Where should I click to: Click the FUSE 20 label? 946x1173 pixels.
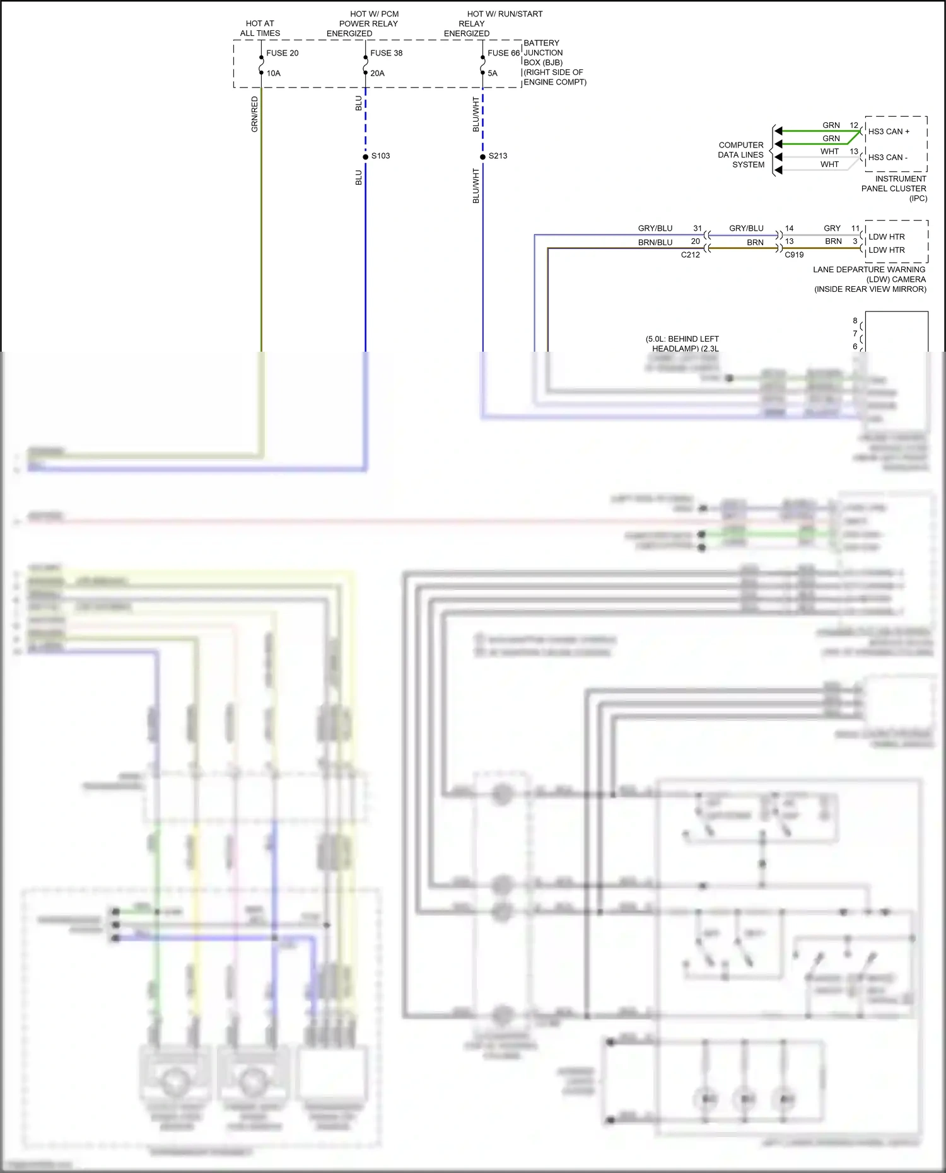(282, 53)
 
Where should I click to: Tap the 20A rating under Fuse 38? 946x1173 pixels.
(377, 73)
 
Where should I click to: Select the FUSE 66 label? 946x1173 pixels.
(503, 53)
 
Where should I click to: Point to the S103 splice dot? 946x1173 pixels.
(365, 156)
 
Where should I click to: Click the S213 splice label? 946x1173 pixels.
(498, 156)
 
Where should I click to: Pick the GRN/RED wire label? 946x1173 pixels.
(255, 114)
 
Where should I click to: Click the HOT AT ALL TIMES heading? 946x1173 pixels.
(260, 28)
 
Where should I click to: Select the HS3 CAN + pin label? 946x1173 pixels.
(889, 132)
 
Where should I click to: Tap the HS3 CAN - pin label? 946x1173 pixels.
(887, 158)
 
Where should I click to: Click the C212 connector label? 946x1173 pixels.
(690, 255)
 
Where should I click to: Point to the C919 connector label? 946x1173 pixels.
(794, 255)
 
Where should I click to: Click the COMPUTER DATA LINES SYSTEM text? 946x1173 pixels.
(741, 155)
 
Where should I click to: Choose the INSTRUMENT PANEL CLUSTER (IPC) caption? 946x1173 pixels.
(894, 188)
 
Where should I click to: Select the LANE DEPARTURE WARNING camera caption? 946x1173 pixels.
(870, 279)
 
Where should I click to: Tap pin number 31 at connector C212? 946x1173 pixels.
(697, 228)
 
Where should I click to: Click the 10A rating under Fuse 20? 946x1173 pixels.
(273, 73)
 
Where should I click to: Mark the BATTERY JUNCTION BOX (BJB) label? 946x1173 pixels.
(554, 62)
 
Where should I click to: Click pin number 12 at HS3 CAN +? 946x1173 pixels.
(853, 125)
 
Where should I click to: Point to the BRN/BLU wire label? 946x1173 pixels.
(655, 242)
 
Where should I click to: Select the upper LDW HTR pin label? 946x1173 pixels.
(886, 237)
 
